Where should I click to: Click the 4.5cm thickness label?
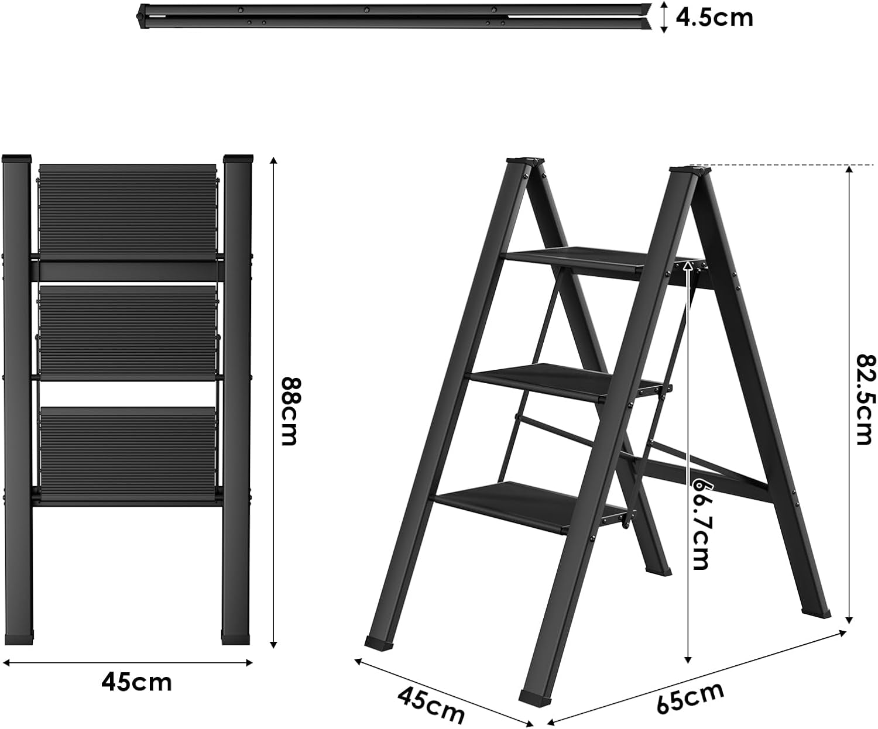click(715, 18)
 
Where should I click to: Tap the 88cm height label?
click(291, 410)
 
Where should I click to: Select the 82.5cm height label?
click(866, 400)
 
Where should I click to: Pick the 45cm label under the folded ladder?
click(136, 682)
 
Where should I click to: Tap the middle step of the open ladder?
click(568, 382)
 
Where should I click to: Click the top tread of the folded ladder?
click(128, 212)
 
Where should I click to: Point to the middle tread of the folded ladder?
click(128, 332)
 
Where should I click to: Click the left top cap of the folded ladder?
click(16, 159)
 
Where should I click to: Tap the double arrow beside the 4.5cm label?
click(664, 17)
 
